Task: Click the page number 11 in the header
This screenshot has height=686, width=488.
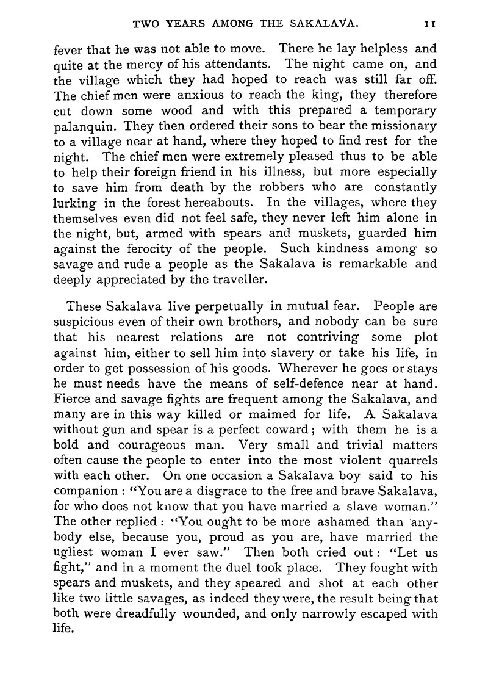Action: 429,25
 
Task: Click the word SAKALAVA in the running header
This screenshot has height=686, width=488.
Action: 320,25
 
